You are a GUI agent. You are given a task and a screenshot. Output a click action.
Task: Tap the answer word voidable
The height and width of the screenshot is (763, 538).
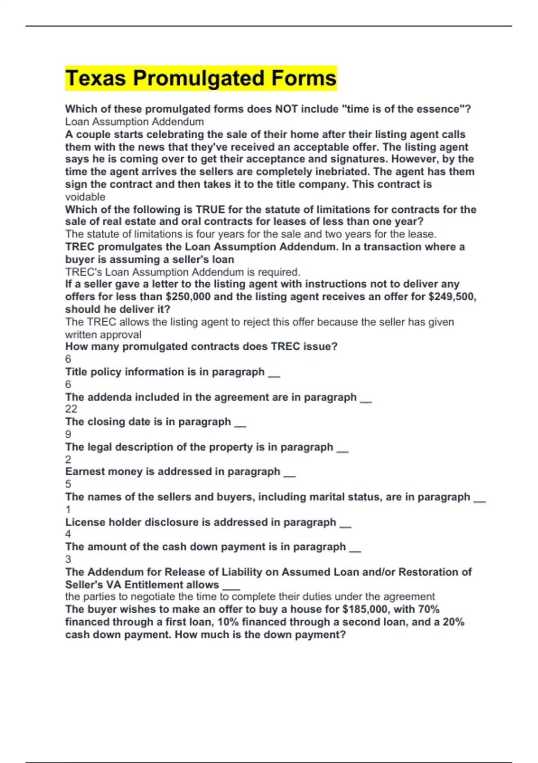point(85,197)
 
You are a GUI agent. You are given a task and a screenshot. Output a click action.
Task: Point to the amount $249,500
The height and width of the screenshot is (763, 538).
point(452,297)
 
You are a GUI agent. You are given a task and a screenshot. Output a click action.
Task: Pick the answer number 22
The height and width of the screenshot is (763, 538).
point(71,409)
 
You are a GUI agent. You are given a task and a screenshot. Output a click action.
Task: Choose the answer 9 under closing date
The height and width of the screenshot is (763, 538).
point(68,434)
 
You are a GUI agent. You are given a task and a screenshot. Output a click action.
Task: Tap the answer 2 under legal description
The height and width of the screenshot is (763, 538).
point(68,459)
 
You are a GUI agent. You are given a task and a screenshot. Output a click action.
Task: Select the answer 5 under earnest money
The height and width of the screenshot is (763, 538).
point(68,484)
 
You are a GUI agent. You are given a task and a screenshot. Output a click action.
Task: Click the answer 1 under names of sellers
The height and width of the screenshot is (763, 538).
point(68,509)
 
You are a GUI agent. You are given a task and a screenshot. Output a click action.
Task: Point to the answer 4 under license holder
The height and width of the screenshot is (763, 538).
point(68,534)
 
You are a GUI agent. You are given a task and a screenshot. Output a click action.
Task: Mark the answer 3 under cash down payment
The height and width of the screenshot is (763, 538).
point(68,559)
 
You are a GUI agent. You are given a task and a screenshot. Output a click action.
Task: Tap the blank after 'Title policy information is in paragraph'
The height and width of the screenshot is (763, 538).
point(273,373)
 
